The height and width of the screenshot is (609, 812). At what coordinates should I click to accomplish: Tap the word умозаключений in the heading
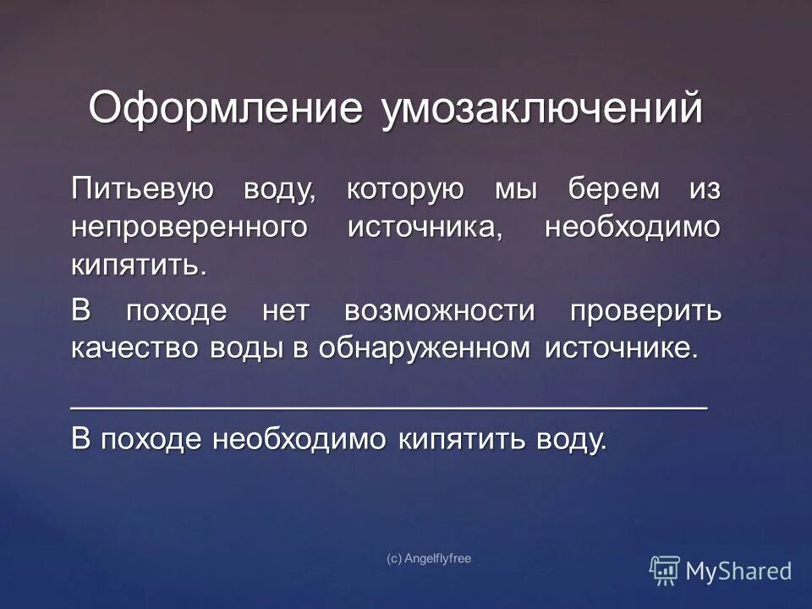click(x=542, y=111)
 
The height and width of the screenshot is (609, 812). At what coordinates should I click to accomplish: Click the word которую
click(x=405, y=190)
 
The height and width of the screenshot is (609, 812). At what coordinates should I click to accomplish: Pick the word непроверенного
click(x=188, y=228)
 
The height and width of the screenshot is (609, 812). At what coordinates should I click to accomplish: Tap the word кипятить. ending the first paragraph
click(x=139, y=267)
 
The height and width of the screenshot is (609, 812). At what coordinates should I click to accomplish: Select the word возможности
click(x=440, y=311)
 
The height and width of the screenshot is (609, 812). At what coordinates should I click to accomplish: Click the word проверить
click(x=645, y=311)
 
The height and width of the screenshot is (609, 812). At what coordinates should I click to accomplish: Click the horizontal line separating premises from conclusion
click(x=388, y=407)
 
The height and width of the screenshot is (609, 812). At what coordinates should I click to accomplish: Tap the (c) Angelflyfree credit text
click(x=428, y=558)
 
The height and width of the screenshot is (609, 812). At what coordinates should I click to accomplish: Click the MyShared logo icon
click(x=665, y=570)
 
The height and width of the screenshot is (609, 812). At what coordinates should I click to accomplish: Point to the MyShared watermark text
click(x=738, y=571)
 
